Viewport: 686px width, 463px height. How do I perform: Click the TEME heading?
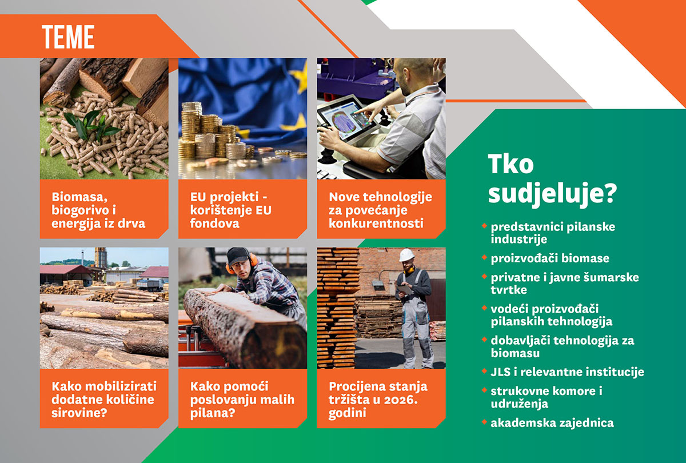68,37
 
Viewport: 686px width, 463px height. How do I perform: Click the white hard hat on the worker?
406,255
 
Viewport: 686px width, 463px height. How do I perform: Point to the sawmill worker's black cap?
238,256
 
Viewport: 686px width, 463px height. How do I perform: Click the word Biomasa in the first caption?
79,197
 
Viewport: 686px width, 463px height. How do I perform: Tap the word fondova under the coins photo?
214,223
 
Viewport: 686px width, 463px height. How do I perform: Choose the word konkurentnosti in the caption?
376,223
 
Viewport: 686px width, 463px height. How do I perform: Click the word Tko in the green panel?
510,164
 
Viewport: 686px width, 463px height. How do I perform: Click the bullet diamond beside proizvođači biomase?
484,257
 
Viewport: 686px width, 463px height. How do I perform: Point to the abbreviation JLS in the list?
500,372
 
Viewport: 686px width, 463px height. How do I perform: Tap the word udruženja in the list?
519,404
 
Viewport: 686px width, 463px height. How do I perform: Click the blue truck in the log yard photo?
150,285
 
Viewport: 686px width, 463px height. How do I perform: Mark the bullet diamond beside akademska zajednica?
484,422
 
